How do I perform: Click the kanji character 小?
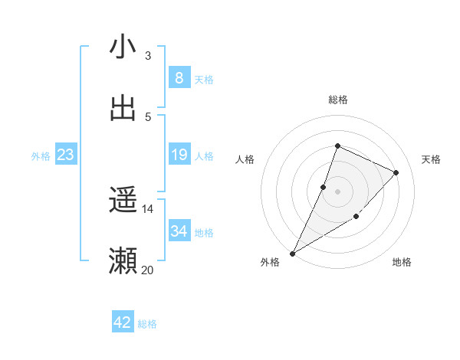point(123,47)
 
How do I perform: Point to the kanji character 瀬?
point(123,260)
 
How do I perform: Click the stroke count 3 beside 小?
point(147,56)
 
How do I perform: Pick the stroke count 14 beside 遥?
point(147,209)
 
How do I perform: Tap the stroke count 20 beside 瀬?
point(147,270)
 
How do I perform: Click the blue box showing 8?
point(179,77)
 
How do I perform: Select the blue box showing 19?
point(179,155)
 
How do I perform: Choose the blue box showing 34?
point(179,231)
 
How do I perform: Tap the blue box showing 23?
point(65,155)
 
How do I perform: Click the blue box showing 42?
point(123,322)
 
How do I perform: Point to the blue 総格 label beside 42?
point(147,324)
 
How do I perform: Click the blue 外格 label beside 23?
point(41,156)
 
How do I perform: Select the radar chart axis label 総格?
point(337,100)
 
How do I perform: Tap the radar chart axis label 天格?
point(431,159)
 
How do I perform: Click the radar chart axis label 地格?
point(402,262)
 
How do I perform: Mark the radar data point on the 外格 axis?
point(293,253)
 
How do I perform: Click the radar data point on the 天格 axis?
point(396,172)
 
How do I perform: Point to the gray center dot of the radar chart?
point(337,191)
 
